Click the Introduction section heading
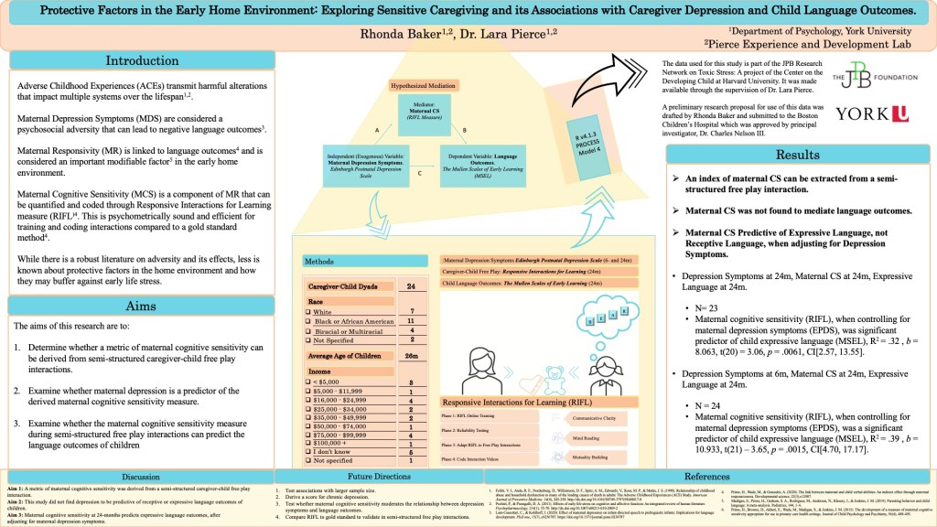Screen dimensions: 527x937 pos(142,61)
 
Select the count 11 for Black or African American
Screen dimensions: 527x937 pos(411,322)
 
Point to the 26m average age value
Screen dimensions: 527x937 pos(411,355)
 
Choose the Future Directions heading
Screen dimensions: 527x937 pos(379,477)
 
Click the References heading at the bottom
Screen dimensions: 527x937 pos(707,477)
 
